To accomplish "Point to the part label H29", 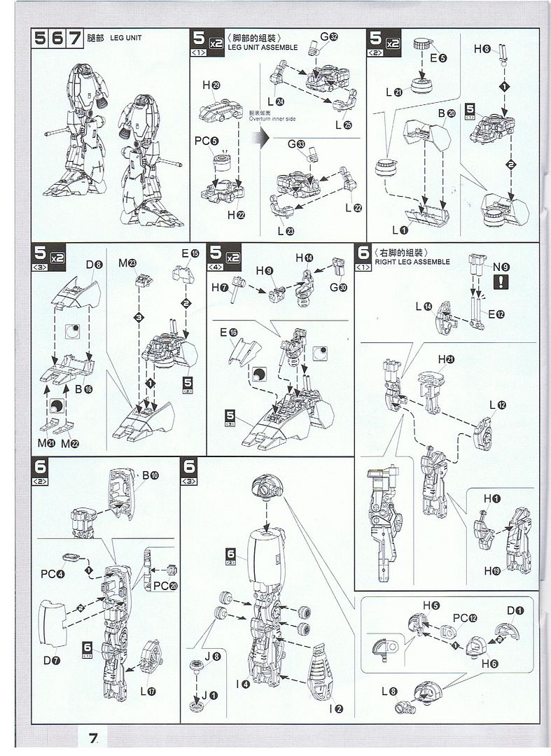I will [211, 85].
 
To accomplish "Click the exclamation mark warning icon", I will [501, 282].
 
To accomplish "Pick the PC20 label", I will [166, 585].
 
